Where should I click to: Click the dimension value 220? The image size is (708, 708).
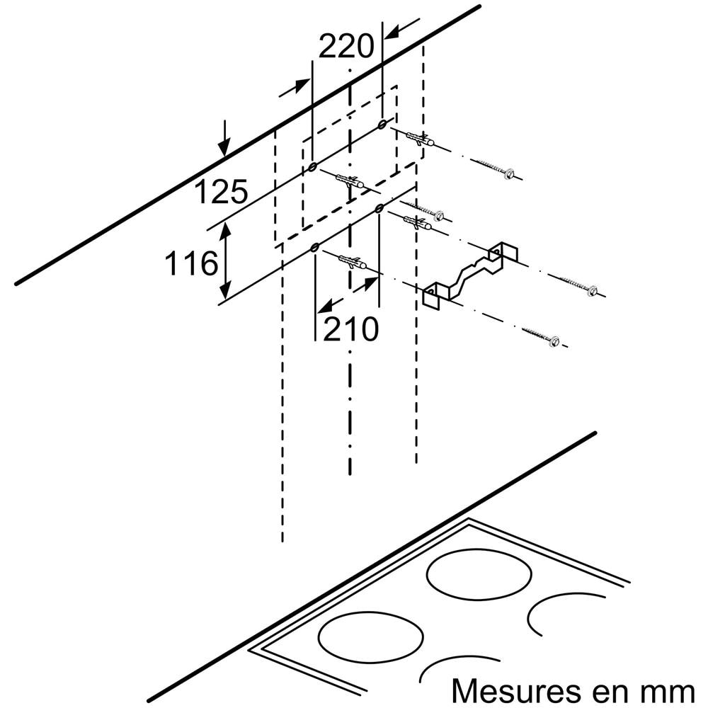coord(346,46)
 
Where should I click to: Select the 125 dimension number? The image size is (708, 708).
coord(221,191)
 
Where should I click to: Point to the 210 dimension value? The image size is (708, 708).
coord(351,329)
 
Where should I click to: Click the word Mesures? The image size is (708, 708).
coord(515,690)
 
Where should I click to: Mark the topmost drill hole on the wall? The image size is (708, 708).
coord(382,123)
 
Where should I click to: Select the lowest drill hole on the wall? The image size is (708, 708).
coord(314,247)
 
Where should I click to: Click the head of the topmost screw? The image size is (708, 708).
coord(510,174)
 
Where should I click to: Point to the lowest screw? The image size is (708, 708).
coord(541,336)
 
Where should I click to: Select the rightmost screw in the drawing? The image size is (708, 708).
coord(578,285)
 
